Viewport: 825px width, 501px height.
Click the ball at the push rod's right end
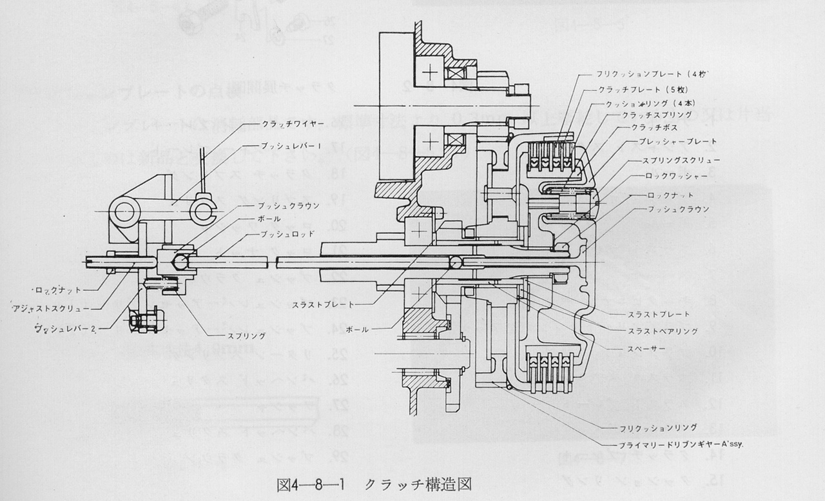[x=456, y=261]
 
